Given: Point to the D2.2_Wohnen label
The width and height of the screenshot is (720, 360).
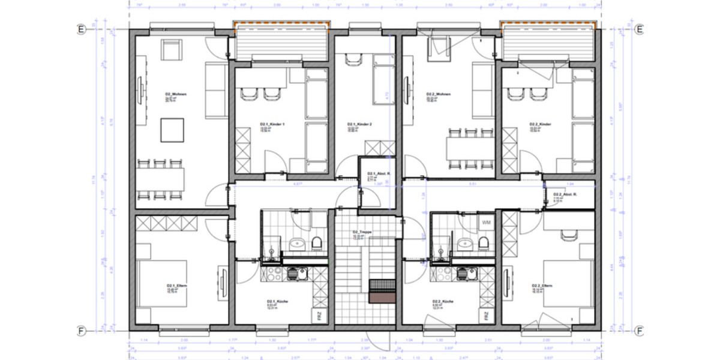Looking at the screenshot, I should pyautogui.click(x=438, y=94).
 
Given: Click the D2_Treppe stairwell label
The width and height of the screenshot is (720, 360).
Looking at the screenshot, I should pyautogui.click(x=364, y=232).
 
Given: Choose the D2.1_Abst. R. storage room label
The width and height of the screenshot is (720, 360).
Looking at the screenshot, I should pyautogui.click(x=379, y=174).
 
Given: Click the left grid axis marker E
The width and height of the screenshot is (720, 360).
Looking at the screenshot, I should pyautogui.click(x=79, y=29).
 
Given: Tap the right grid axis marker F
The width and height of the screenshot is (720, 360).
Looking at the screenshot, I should pyautogui.click(x=640, y=330).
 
